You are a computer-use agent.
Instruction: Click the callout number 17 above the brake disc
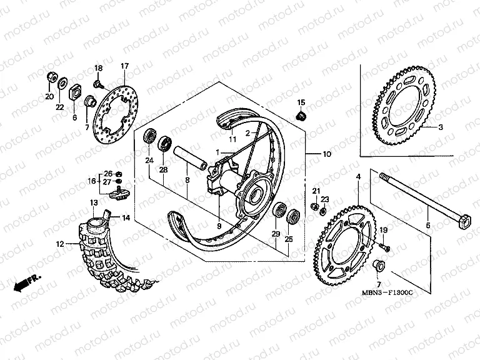tap(124, 67)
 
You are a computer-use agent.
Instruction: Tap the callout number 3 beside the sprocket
tap(439, 127)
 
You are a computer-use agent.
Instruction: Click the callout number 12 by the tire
tap(61, 245)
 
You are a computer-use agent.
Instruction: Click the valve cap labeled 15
tap(300, 115)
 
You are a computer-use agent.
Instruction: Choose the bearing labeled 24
tap(151, 137)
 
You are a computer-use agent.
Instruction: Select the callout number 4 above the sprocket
tap(358, 177)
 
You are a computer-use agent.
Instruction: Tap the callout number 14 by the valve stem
tap(126, 217)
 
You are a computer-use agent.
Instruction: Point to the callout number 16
tap(91, 181)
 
